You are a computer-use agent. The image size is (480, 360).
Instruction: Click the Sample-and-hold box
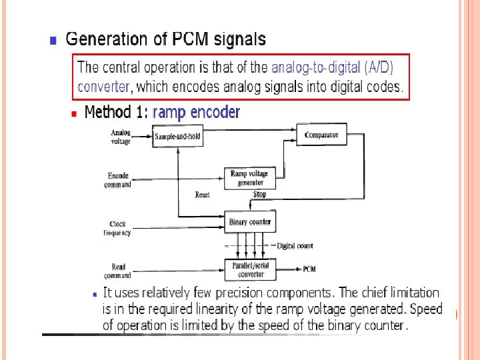[x=177, y=137]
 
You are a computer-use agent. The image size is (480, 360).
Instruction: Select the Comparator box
[x=321, y=135]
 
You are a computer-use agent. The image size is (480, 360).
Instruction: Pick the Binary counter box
[x=250, y=221]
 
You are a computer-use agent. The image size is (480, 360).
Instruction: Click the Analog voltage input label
[x=120, y=137]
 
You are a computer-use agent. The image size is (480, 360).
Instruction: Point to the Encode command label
[x=118, y=180]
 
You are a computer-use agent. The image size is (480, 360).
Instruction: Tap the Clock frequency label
[x=117, y=229]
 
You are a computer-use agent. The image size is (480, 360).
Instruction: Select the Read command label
[x=117, y=271]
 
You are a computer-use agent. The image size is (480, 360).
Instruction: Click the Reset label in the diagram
[x=202, y=195]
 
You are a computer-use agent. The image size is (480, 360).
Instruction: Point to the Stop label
[x=259, y=195]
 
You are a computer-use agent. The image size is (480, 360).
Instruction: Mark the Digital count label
[x=295, y=246]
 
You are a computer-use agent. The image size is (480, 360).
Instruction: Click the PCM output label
[x=309, y=269]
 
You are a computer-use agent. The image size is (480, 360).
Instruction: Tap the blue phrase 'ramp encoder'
[x=196, y=112]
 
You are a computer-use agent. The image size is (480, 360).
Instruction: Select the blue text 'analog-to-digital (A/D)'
[x=333, y=67]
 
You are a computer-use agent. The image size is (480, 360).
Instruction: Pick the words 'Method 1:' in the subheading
[x=116, y=112]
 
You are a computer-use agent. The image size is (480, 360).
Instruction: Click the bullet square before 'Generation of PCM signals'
[x=53, y=40]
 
